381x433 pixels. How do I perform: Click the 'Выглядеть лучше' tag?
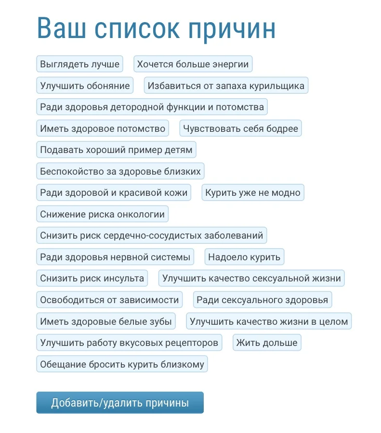pos(80,64)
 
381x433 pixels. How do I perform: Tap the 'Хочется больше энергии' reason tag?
pos(193,64)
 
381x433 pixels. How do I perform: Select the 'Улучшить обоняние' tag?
pos(85,86)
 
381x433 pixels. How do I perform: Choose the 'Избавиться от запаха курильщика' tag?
pos(226,86)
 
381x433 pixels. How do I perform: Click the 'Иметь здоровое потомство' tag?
pos(103,128)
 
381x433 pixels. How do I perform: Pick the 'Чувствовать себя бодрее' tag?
pos(240,128)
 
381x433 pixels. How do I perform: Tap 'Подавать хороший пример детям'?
pos(116,150)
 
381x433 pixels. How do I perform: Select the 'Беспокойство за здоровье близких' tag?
pos(120,171)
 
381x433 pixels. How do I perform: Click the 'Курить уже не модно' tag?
pos(252,193)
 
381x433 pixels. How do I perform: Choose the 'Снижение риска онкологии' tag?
pos(102,215)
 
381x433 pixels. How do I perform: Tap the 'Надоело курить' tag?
pos(244,257)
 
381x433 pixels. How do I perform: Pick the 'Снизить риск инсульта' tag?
pos(92,278)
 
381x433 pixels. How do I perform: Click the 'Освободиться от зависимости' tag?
pos(109,300)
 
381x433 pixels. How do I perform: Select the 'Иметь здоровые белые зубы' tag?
pos(105,321)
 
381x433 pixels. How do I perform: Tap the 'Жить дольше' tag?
pos(267,343)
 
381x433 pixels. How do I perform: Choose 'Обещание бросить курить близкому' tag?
pos(122,364)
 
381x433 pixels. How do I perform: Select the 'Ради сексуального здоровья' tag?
pos(262,300)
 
